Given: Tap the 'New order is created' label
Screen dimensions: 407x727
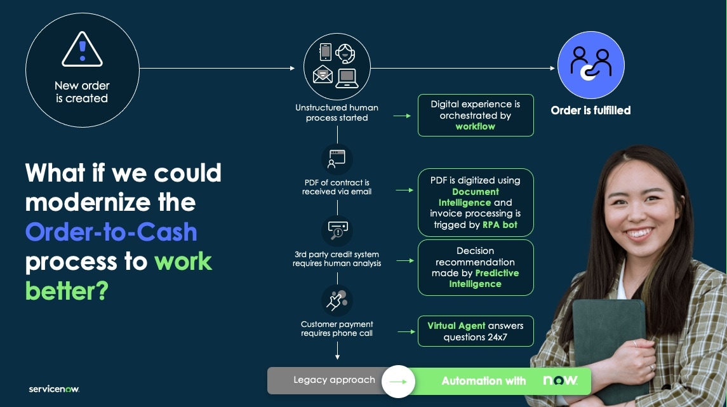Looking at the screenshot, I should click(x=82, y=92).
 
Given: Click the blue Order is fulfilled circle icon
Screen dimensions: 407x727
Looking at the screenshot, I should click(x=590, y=65).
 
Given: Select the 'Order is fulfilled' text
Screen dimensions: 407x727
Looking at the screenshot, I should click(x=590, y=110).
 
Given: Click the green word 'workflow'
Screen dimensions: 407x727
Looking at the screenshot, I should click(x=475, y=126).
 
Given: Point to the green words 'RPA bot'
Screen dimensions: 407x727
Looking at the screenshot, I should click(x=500, y=225).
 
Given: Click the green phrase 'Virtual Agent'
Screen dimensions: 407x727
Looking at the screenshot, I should click(x=456, y=326).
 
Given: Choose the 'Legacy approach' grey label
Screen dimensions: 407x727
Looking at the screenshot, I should click(x=334, y=380).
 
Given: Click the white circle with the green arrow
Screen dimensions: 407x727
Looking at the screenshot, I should click(x=398, y=381).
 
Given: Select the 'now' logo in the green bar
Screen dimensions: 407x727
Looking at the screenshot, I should click(x=560, y=380).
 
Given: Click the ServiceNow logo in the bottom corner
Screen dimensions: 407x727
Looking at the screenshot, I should click(x=54, y=389).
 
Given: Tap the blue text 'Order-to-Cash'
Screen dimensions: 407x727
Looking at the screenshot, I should click(x=111, y=232).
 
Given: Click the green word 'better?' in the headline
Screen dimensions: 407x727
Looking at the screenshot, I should click(x=67, y=291).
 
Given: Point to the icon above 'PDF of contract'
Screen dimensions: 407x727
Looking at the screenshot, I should click(x=337, y=159).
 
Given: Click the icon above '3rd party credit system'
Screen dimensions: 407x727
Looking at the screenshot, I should click(x=337, y=230).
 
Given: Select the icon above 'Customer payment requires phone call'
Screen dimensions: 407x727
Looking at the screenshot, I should click(x=337, y=300).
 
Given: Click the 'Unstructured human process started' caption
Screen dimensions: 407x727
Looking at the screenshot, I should click(x=337, y=113).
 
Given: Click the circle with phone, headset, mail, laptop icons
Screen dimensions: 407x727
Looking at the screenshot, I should click(x=337, y=66).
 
